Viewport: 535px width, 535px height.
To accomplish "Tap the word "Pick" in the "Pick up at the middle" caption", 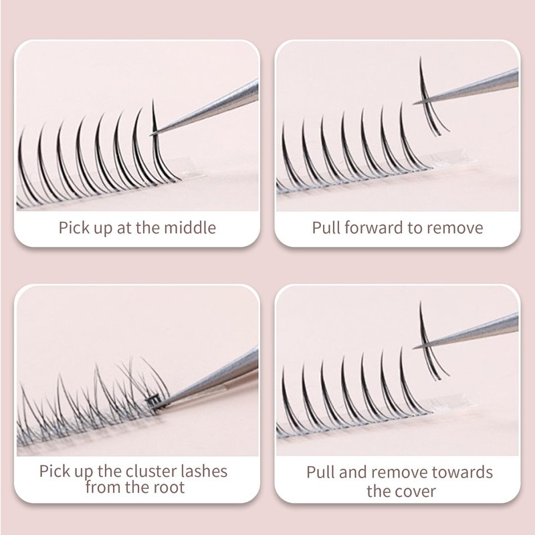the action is click(70, 227).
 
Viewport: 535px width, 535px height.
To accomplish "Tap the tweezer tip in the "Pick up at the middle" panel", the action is click(152, 135).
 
